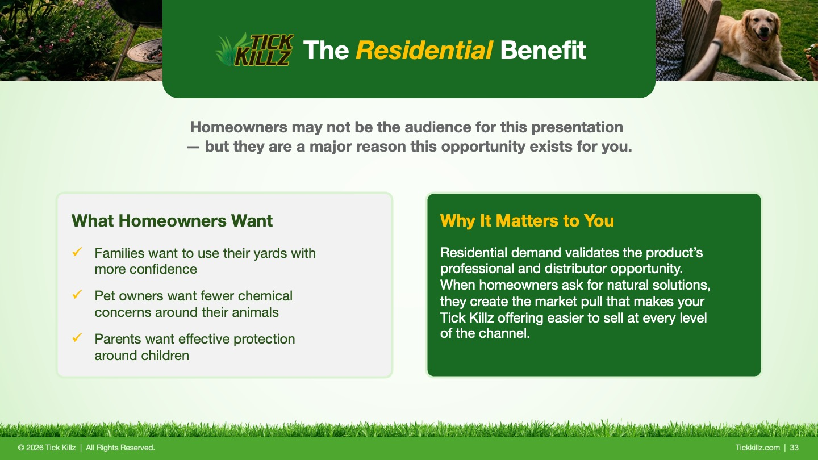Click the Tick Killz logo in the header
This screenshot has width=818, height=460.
[x=254, y=49]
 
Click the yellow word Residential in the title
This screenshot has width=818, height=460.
[x=424, y=50]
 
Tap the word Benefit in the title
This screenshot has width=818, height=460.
[x=543, y=50]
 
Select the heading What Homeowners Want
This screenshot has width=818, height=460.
[x=172, y=220]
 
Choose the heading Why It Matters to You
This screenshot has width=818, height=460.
[x=527, y=220]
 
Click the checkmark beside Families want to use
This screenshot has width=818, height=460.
[x=77, y=252]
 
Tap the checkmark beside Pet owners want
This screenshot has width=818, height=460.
[x=77, y=295]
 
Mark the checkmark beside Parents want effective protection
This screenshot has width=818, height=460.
[x=77, y=338]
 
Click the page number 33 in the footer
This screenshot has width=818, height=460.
[x=794, y=448]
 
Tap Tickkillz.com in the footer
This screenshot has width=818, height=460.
[x=757, y=448]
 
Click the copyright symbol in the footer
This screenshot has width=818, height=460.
[x=21, y=448]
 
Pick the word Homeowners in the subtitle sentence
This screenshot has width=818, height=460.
[x=239, y=127]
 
